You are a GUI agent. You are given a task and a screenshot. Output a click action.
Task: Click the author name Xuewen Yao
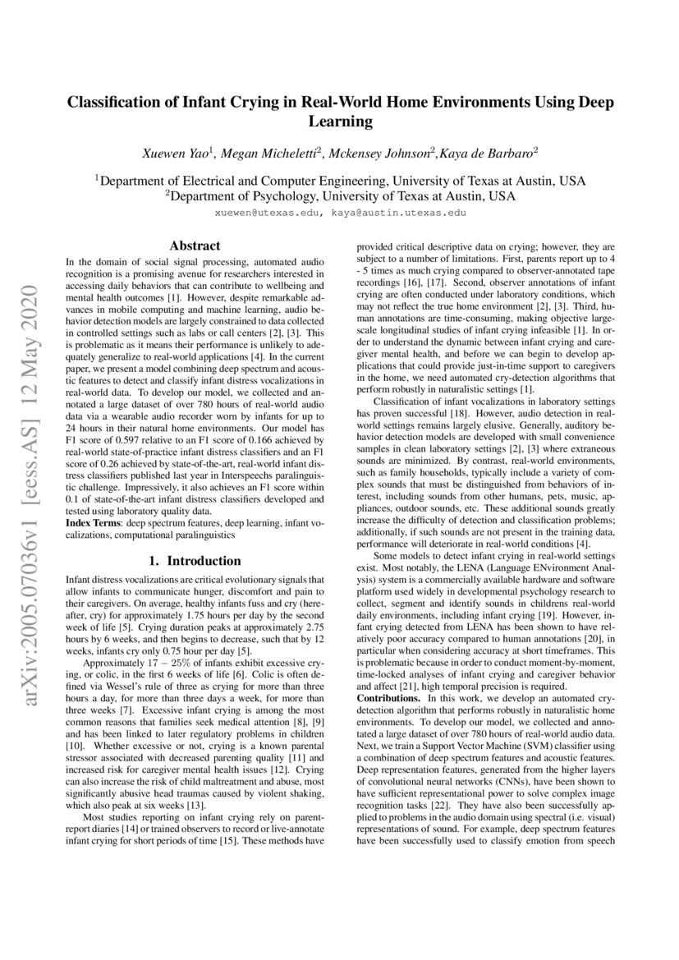coord(177,152)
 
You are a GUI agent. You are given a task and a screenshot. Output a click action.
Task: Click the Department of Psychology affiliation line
coord(340,196)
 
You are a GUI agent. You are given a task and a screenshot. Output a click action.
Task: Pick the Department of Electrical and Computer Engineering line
coord(340,181)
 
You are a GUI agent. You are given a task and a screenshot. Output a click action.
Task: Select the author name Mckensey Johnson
coord(382,152)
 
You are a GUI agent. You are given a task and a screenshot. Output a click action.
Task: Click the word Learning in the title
coord(340,122)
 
